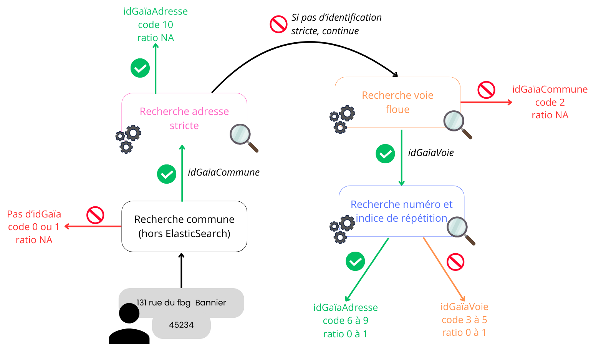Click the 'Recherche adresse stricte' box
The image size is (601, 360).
click(x=184, y=118)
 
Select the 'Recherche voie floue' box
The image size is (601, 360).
click(x=397, y=102)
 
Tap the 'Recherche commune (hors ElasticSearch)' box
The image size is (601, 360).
click(x=184, y=226)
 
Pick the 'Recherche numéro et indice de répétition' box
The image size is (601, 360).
click(x=401, y=211)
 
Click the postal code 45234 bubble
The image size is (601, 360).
click(x=181, y=325)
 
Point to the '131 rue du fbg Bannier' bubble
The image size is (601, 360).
click(x=181, y=303)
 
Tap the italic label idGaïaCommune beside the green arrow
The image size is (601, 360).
click(x=224, y=173)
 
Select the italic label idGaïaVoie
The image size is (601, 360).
click(x=430, y=153)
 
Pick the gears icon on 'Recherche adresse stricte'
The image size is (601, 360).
click(x=128, y=139)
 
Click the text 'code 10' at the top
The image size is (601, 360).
click(x=156, y=25)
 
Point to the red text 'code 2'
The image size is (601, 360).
click(x=550, y=103)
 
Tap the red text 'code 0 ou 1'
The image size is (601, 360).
click(x=34, y=227)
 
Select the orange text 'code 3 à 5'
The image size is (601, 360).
click(x=464, y=320)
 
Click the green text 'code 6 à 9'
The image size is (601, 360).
click(x=345, y=321)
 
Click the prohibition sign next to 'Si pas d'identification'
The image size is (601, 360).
click(x=278, y=24)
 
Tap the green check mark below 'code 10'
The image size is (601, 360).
click(x=140, y=68)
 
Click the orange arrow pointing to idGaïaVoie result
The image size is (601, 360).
click(x=444, y=269)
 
